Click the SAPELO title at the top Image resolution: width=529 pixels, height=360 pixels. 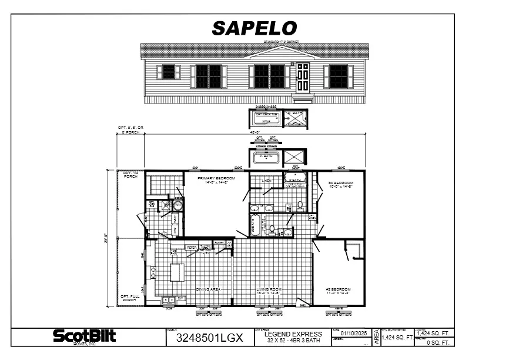point(254,28)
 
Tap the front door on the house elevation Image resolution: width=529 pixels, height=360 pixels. point(302,78)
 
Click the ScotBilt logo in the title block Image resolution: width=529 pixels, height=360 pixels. point(85,336)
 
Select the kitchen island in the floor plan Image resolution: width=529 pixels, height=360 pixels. point(177,272)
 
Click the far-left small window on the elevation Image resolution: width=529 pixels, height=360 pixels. point(169,72)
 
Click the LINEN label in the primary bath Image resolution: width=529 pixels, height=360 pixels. point(266,181)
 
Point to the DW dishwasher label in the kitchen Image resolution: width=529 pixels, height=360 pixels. point(180,299)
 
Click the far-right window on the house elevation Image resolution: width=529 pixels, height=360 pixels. point(338,76)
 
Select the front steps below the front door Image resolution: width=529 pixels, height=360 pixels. point(302,98)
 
